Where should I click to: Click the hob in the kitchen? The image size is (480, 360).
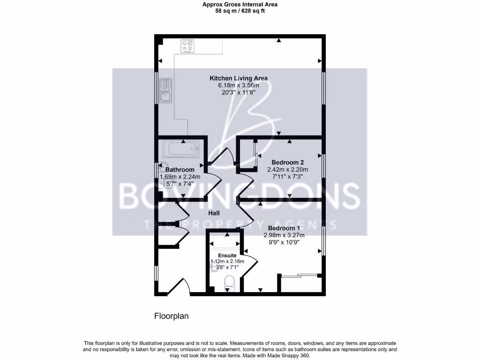tap(188, 46)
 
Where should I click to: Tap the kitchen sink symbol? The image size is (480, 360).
tap(165, 91)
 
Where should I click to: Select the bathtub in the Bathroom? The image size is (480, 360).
tap(181, 150)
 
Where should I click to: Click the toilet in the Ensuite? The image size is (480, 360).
tap(229, 283)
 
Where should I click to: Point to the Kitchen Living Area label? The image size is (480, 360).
tap(238, 78)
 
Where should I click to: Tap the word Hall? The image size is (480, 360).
tap(214, 213)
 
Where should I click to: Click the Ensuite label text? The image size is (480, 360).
tap(227, 255)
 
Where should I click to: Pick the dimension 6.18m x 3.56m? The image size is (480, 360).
tap(238, 85)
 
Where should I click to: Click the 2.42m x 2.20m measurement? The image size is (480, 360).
tap(288, 170)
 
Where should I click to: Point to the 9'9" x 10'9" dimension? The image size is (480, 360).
tap(284, 242)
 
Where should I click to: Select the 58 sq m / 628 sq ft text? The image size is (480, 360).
tap(240, 11)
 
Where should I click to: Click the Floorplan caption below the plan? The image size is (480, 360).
tap(172, 316)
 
